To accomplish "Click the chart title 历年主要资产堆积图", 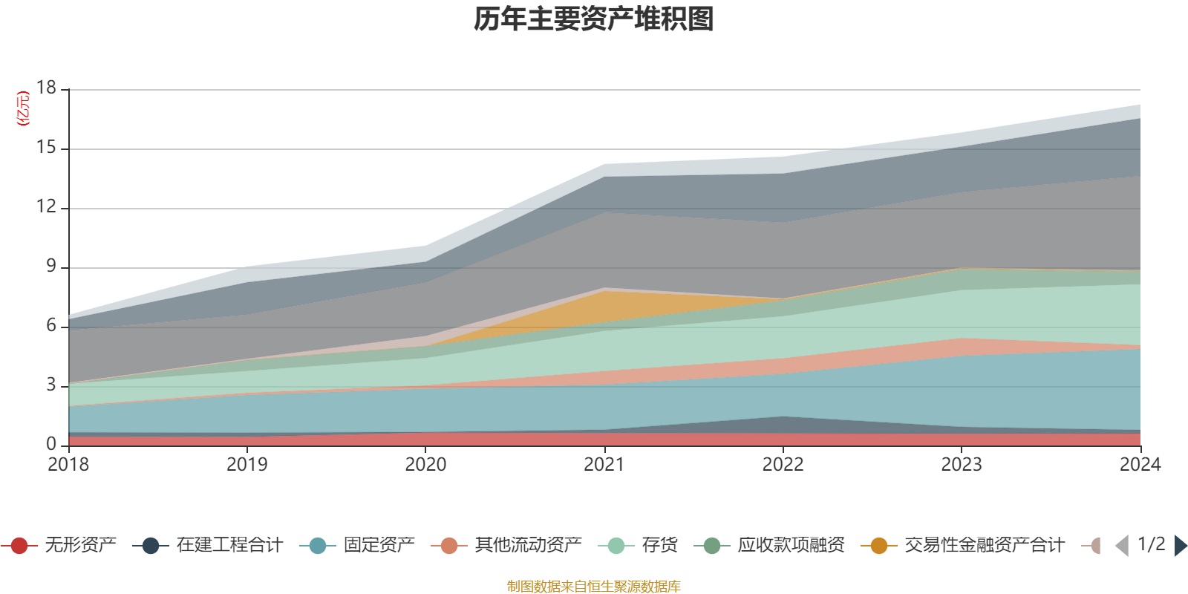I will pyautogui.click(x=594, y=19).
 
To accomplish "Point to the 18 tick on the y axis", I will pyautogui.click(x=47, y=88).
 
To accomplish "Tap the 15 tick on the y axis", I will pyautogui.click(x=47, y=148).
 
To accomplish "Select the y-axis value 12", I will pyautogui.click(x=47, y=207).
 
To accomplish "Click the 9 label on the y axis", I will pyautogui.click(x=51, y=267).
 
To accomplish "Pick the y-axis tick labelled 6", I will pyautogui.click(x=51, y=326).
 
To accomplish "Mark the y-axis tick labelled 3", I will pyautogui.click(x=51, y=385).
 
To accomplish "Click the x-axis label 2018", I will pyautogui.click(x=68, y=465).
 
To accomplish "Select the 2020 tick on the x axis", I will pyautogui.click(x=425, y=465).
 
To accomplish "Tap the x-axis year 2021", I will pyautogui.click(x=604, y=465).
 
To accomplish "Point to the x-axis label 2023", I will pyautogui.click(x=962, y=465).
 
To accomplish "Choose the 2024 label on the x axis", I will pyautogui.click(x=1140, y=465).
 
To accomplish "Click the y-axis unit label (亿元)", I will pyautogui.click(x=24, y=108).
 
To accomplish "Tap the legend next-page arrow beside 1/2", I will pyautogui.click(x=1180, y=546).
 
